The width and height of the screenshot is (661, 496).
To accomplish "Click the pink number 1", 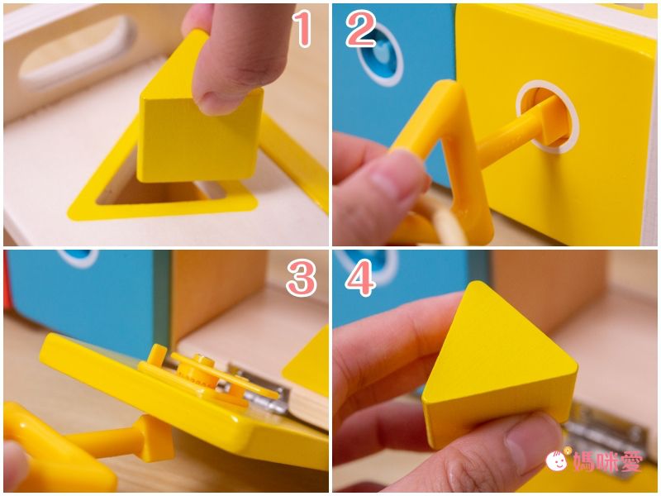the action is [x=303, y=29].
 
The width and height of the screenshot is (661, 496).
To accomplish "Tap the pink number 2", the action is [x=361, y=29].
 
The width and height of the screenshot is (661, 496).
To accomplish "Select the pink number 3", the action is [x=302, y=278].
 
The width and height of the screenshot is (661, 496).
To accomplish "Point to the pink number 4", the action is [x=359, y=278].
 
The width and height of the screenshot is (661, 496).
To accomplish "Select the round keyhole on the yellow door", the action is [x=547, y=117].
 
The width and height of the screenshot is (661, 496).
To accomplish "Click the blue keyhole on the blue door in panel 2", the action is [x=380, y=55].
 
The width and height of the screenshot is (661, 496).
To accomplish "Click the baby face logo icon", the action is [x=557, y=460].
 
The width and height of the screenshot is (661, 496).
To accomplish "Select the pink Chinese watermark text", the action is [x=608, y=461].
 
